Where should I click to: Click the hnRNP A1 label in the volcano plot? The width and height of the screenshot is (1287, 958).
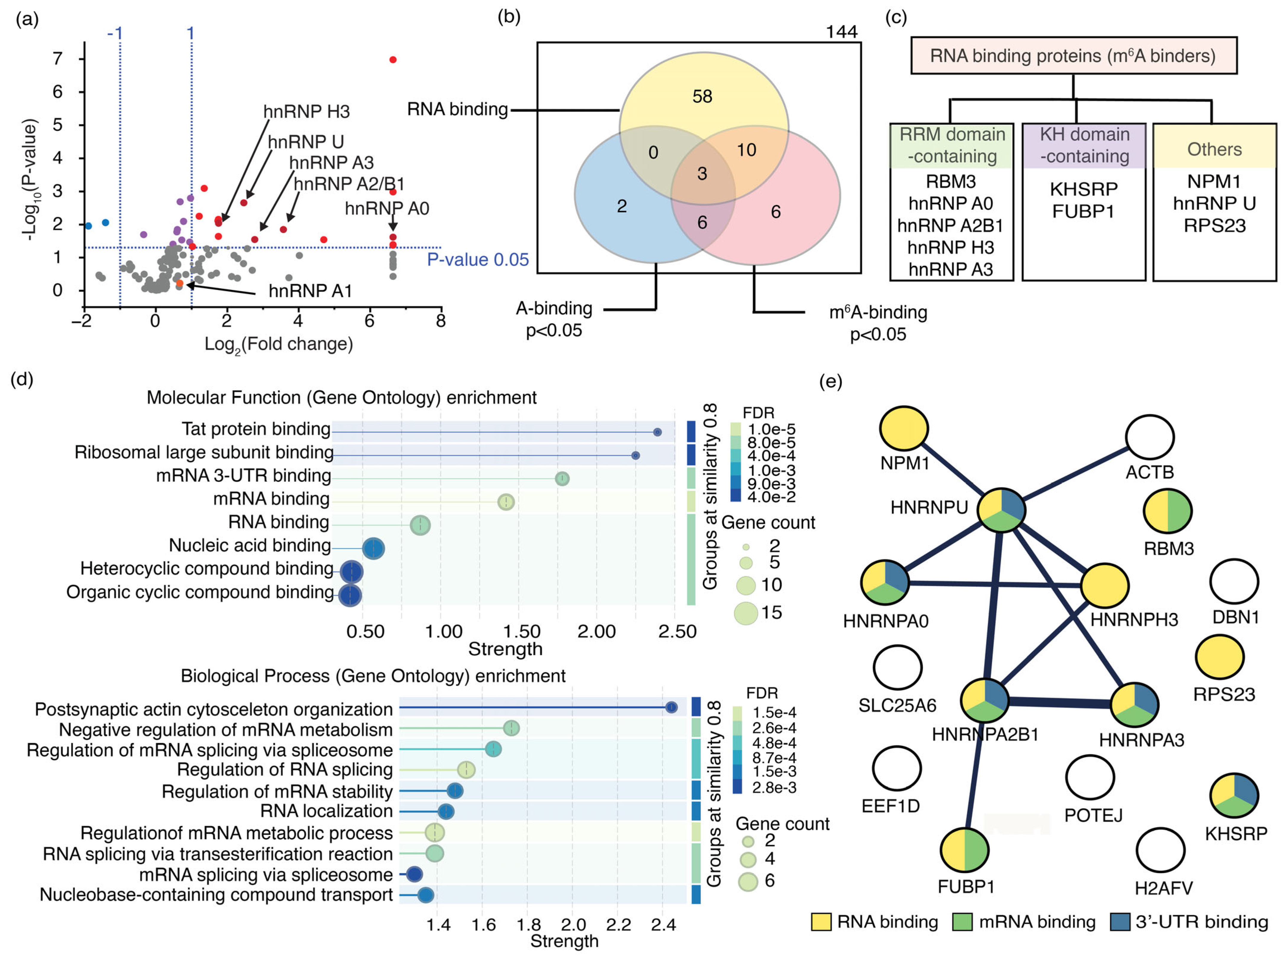pos(310,291)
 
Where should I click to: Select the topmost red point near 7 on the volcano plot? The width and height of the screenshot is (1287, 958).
pos(393,60)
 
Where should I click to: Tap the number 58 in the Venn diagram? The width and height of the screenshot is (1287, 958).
pos(702,96)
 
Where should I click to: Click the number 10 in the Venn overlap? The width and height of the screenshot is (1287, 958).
pos(746,150)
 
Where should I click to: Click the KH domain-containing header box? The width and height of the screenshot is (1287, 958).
pos(1084,145)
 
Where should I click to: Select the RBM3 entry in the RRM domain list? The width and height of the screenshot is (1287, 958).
pos(950,181)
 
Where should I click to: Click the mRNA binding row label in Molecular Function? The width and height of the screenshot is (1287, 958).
pos(271,499)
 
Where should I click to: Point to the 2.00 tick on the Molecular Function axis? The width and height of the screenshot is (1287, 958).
pos(597,631)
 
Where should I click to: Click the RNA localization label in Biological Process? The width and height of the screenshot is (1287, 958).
pos(326,811)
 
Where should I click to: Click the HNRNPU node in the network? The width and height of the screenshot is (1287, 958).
pos(1001,510)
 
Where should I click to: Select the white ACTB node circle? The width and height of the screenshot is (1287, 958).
pos(1150,437)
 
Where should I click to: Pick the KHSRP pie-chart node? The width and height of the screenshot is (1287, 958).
pos(1234,796)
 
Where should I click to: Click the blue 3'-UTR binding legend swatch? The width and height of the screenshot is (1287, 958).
pos(1120,922)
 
